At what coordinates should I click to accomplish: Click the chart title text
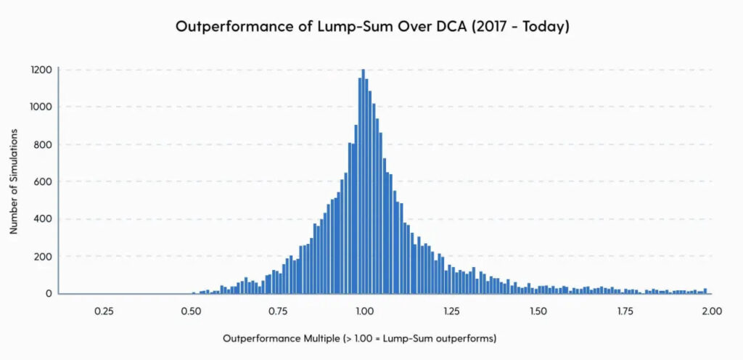coord(371,27)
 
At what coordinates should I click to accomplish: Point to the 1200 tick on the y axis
coord(41,70)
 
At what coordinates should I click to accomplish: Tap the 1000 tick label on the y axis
coord(41,107)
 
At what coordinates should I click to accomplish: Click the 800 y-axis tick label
coord(43,144)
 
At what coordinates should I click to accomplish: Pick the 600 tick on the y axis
coord(43,182)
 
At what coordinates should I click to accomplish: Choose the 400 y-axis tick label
coord(43,219)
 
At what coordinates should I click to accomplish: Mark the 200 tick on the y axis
coord(43,257)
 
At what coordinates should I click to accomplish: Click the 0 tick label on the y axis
coord(49,294)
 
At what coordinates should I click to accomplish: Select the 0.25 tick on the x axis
coord(104,311)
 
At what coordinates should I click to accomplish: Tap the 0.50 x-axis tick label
coord(191,311)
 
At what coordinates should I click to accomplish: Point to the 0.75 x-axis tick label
coord(278,311)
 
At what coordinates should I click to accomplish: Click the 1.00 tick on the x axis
coord(364,311)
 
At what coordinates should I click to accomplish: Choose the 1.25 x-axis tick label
coord(451,311)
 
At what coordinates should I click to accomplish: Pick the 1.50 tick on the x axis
coord(538,311)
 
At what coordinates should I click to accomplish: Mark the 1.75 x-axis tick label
coord(625,311)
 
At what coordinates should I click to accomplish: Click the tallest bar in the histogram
coord(363,181)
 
